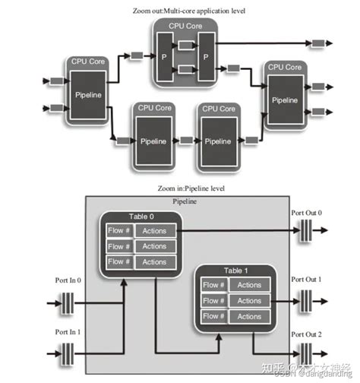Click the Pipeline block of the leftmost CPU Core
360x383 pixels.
tap(90, 96)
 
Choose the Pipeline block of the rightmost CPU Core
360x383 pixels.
tap(285, 100)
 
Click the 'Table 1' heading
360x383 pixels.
tap(235, 271)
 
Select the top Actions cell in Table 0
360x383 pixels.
tap(154, 230)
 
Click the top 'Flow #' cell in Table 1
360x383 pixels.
tap(213, 286)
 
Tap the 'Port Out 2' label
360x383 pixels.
tap(309, 334)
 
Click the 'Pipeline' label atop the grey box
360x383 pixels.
tap(185, 203)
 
